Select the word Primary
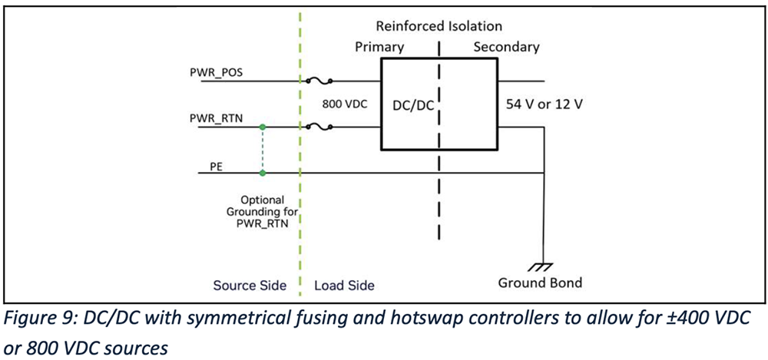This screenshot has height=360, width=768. click(379, 47)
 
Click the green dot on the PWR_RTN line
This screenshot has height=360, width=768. click(263, 127)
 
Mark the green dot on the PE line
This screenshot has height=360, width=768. click(263, 174)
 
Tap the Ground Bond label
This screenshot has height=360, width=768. click(540, 282)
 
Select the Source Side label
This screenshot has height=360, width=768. click(250, 286)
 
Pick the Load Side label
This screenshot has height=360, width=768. click(345, 286)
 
